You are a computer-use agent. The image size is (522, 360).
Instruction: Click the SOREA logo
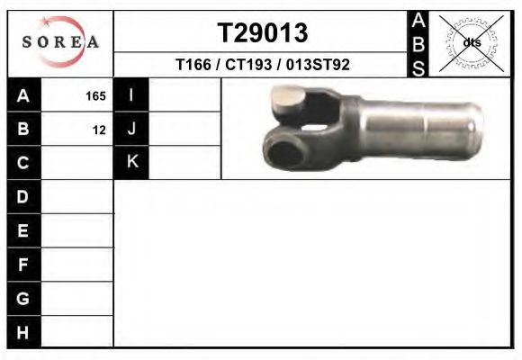pos(60,41)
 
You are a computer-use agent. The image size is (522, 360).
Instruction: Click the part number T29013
pos(263,32)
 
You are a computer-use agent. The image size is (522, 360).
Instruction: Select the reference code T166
pos(193,65)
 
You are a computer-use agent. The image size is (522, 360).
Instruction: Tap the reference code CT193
pos(248,65)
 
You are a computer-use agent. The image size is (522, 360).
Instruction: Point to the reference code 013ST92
pos(318,65)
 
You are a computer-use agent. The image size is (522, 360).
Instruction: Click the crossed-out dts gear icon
pos(472,43)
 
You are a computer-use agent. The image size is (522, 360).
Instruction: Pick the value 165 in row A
pos(95,96)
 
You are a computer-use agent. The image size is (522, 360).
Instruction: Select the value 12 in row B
pos(99,130)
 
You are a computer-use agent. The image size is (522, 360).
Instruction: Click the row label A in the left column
pos(23,95)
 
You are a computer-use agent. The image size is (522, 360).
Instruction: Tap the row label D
pos(22,197)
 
